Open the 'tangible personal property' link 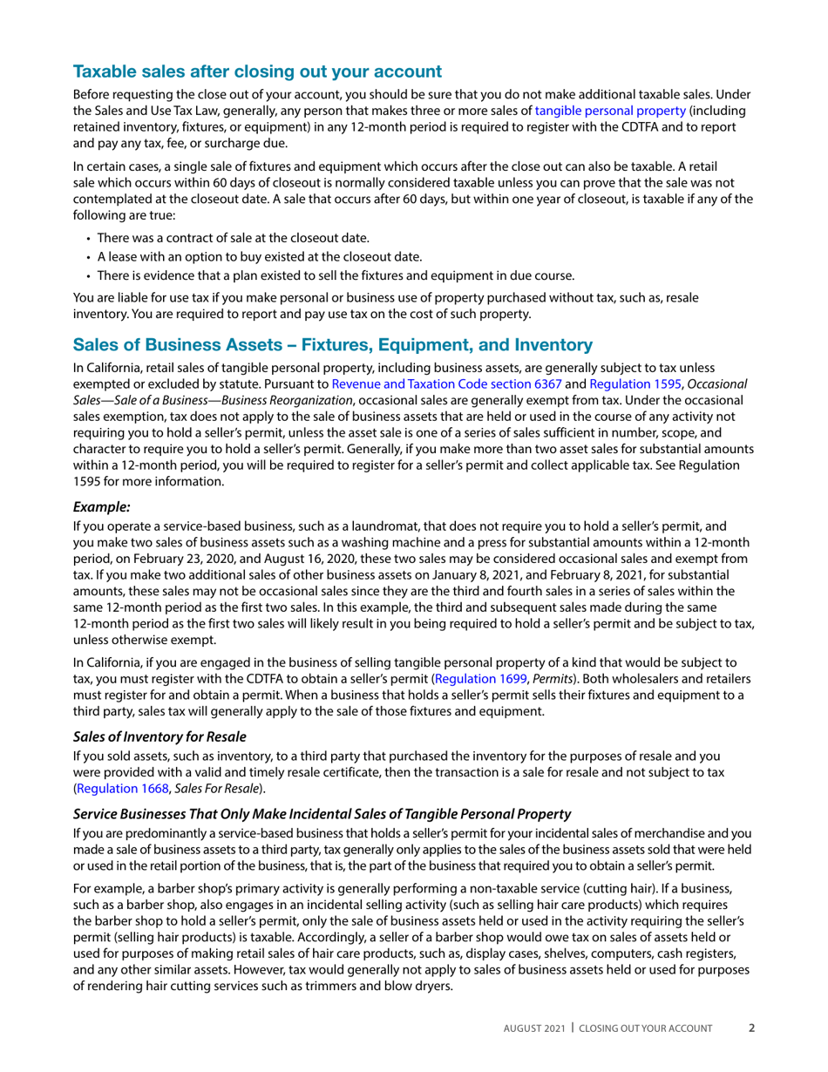610,111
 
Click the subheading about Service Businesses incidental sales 322,813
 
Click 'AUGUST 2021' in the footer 534,1028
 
